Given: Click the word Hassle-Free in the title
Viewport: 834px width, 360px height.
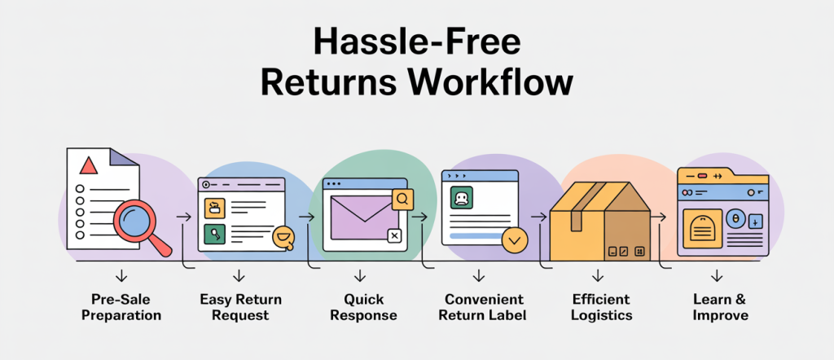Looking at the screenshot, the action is pyautogui.click(x=416, y=43).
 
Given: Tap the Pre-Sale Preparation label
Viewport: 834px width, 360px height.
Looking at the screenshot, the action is pyautogui.click(x=122, y=307).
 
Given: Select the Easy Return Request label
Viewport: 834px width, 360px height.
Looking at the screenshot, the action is pyautogui.click(x=240, y=307).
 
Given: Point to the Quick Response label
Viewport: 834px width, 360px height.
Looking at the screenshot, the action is pyautogui.click(x=363, y=307).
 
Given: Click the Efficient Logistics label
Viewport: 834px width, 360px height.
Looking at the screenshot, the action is pyautogui.click(x=602, y=307).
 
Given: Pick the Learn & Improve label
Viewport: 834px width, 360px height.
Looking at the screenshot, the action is pyautogui.click(x=720, y=307).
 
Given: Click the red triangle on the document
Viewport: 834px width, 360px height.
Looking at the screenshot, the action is pyautogui.click(x=89, y=166).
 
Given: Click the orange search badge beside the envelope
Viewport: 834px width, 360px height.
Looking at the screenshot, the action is pyautogui.click(x=402, y=200).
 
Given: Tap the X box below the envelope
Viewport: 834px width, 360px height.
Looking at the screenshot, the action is pyautogui.click(x=394, y=235).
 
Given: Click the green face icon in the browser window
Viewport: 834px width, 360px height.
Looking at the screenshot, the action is pyautogui.click(x=461, y=197).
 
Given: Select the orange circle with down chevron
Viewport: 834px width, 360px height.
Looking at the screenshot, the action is pyautogui.click(x=515, y=240).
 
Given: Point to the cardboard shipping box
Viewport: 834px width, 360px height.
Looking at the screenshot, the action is pyautogui.click(x=600, y=222).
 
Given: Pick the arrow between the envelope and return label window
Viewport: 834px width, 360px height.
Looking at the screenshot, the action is pyautogui.click(x=420, y=217).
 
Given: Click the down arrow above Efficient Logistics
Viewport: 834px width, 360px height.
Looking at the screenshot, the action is pyautogui.click(x=598, y=275).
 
